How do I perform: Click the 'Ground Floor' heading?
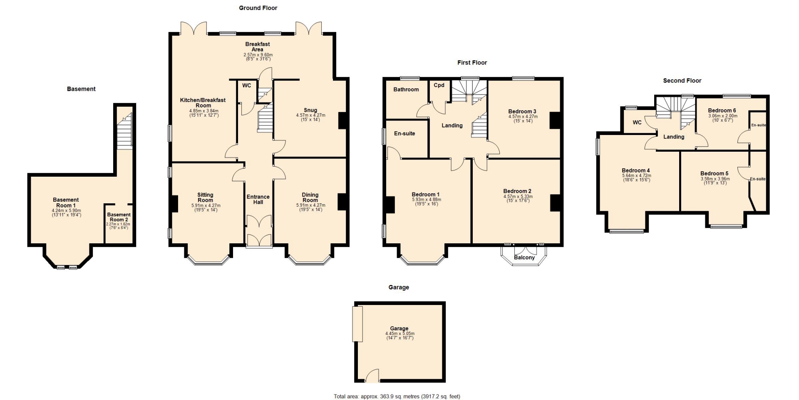pos(258,8)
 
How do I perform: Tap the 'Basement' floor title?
pos(81,89)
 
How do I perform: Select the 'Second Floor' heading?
pos(682,80)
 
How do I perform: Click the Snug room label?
pos(310,110)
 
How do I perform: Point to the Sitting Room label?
pos(205,197)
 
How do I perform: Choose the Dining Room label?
pos(310,197)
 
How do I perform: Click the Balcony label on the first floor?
pos(524,257)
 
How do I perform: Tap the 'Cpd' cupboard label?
pos(439,85)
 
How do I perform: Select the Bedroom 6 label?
pos(722,110)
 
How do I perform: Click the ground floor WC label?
pos(247,85)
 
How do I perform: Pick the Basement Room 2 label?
pos(119,217)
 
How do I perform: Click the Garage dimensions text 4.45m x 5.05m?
pos(400,334)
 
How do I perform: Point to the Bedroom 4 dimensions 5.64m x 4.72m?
pos(637,176)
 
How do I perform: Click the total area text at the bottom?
pos(397,396)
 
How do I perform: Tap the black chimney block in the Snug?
pos(342,120)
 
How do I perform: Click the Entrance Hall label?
pos(258,200)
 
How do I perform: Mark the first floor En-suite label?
pos(404,134)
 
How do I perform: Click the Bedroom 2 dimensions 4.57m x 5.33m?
pos(518,197)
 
